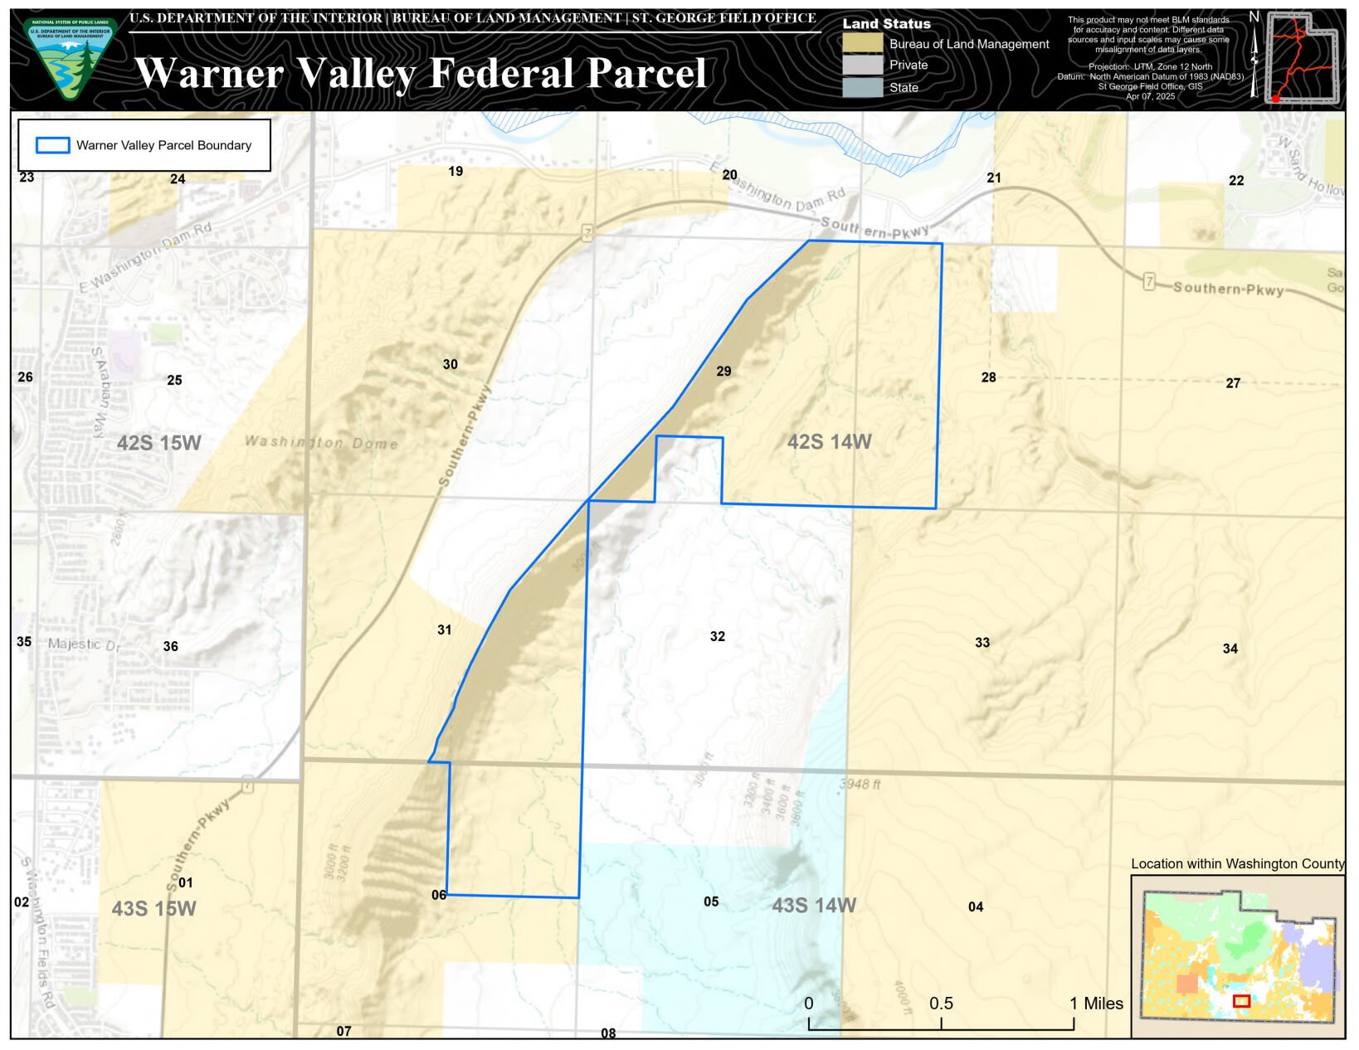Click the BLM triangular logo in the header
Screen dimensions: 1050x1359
70,59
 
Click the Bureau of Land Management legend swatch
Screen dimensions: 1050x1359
863,44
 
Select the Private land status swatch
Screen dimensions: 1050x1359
863,65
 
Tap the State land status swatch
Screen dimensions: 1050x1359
863,87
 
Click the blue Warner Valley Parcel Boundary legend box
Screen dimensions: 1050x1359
52,146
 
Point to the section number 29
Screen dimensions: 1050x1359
723,372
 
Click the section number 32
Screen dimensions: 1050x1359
718,637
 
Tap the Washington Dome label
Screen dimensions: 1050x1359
321,442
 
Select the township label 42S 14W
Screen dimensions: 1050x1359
829,442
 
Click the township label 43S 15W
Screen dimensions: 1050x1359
153,909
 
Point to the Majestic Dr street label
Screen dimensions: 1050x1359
84,644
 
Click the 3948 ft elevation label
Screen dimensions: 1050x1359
860,784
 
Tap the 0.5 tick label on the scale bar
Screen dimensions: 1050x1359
941,1004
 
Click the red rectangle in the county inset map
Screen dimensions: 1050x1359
1241,1001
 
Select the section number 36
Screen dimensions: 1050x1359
170,647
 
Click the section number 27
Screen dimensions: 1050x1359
1233,383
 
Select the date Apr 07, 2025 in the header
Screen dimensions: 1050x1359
1150,96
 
